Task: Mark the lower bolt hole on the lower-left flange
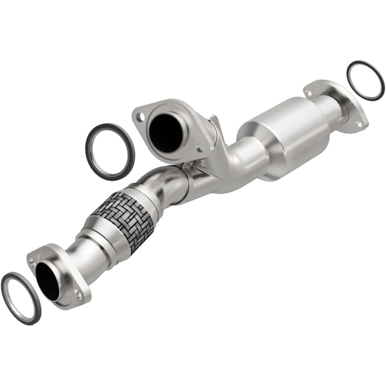77,295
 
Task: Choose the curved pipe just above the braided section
166,181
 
